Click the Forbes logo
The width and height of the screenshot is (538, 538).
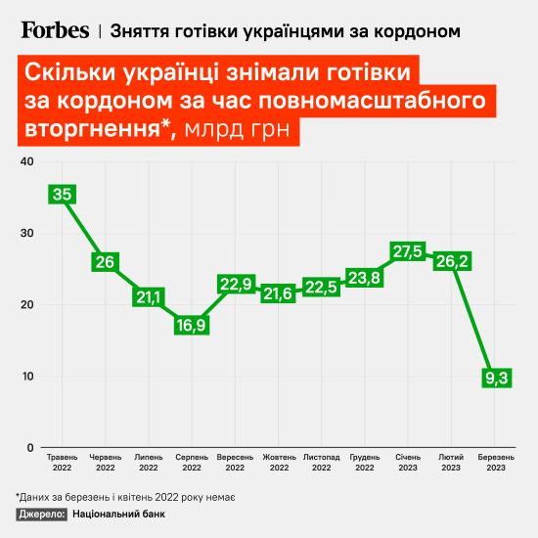pos(55,30)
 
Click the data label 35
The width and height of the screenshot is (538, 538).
pos(63,195)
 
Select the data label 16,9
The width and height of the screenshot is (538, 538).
pos(192,326)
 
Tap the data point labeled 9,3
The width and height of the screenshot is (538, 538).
pos(499,378)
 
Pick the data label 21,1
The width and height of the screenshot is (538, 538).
pos(149,296)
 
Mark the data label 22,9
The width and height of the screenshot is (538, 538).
pos(235,284)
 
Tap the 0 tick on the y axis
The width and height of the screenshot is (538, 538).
pos(29,448)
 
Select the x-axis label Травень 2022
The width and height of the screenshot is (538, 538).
pos(63,462)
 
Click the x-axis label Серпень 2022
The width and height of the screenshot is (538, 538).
pos(192,462)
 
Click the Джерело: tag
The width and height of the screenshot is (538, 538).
pos(42,514)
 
